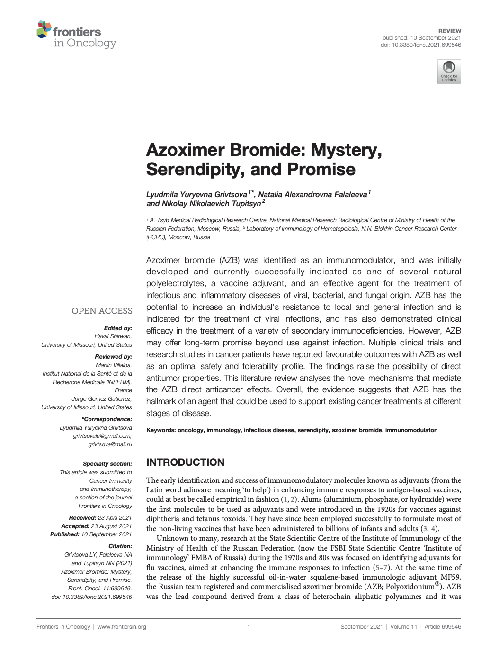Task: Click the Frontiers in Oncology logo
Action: click(x=76, y=36)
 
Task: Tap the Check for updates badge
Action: click(x=448, y=72)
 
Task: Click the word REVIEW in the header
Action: click(x=449, y=31)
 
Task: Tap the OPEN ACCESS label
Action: click(x=102, y=311)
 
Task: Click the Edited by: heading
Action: click(x=118, y=328)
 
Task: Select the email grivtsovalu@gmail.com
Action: click(x=102, y=436)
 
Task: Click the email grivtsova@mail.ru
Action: click(x=110, y=444)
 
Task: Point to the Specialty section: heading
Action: click(x=107, y=464)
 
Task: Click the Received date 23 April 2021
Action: click(x=112, y=518)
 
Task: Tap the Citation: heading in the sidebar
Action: click(x=120, y=546)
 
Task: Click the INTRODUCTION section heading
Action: click(x=185, y=462)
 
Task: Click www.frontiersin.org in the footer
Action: click(x=122, y=627)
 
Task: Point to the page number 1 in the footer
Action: click(x=249, y=627)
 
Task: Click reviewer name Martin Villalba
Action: click(x=114, y=365)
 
